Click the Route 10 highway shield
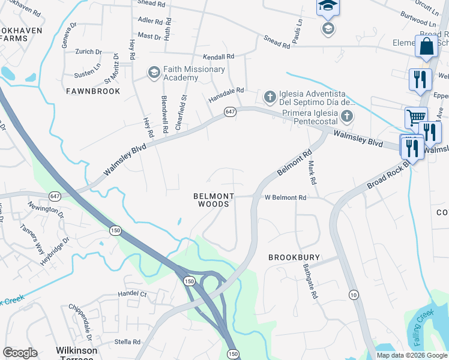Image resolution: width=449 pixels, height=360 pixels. tap(354, 294)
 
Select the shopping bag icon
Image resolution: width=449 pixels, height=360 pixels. tap(426, 46)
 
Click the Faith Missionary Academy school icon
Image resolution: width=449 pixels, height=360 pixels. tap(154, 73)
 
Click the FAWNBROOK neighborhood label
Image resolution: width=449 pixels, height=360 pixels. tap(94, 91)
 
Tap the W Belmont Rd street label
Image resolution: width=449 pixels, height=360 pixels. tap(286, 197)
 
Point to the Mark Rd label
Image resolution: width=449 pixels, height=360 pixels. tap(312, 172)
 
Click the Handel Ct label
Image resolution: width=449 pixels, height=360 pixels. tap(132, 294)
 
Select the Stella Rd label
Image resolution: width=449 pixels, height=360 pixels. tap(127, 342)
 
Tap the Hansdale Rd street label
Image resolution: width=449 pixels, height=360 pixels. tap(226, 91)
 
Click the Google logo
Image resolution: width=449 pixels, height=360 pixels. tap(20, 353)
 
